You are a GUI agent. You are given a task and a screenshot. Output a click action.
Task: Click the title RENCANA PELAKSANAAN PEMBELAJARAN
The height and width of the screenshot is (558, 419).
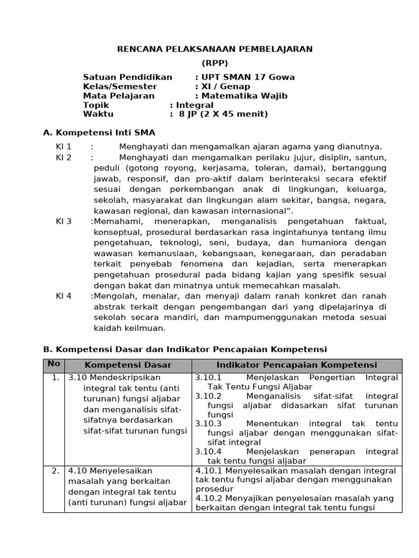click(215, 49)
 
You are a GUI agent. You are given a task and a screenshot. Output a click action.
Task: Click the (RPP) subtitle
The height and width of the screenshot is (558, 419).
click(215, 63)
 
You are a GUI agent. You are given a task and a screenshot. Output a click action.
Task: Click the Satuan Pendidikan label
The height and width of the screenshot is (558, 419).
click(127, 77)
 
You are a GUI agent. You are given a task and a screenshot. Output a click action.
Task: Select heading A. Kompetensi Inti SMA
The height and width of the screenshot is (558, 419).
click(99, 132)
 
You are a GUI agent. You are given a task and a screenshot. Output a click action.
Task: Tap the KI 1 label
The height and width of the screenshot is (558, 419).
click(64, 147)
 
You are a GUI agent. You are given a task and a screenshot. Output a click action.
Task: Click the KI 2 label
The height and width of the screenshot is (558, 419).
click(64, 157)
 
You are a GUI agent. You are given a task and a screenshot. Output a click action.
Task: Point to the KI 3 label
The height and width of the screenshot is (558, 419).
click(64, 221)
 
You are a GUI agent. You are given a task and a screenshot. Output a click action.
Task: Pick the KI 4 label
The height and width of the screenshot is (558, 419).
click(64, 296)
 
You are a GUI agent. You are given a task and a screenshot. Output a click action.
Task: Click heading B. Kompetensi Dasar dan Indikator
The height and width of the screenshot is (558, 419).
click(184, 349)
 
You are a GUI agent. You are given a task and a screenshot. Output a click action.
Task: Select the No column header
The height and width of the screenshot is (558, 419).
click(53, 364)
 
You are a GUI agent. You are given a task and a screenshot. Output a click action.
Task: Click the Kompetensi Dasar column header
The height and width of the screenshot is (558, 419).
click(128, 365)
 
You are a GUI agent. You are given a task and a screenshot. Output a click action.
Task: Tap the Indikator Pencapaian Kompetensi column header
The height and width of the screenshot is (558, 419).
click(296, 365)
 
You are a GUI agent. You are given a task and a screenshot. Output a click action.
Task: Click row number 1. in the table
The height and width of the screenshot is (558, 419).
click(55, 378)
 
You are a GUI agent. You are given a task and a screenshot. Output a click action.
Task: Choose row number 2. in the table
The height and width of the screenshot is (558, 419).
click(55, 471)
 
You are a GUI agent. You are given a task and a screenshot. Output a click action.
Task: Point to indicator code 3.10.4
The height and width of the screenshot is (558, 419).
click(208, 452)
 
